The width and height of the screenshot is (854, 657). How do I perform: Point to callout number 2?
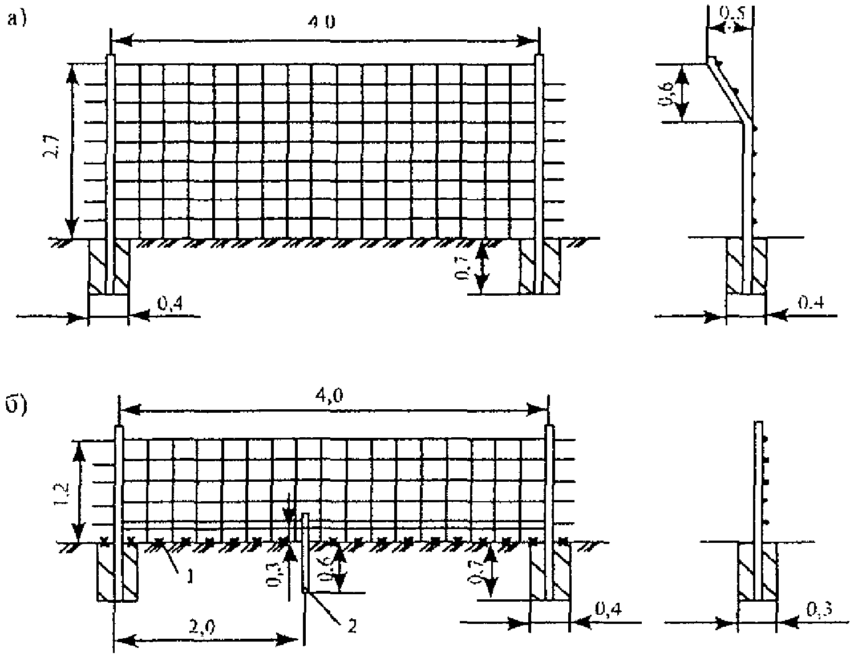point(351,626)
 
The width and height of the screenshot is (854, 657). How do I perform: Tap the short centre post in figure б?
point(305,551)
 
